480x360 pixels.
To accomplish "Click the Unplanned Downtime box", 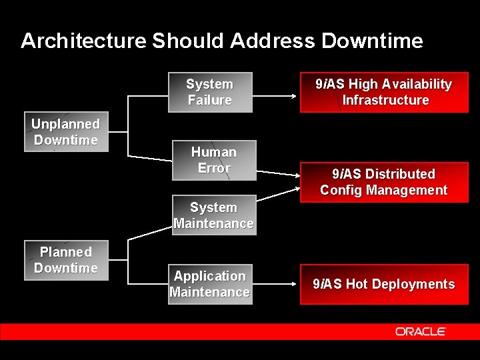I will [66, 133].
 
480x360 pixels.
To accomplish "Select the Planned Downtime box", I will [66, 261].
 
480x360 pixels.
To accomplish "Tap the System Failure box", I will [210, 92].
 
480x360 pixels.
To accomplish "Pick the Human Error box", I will [214, 160].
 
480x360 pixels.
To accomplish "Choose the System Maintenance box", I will [213, 215].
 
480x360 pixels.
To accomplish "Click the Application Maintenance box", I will [210, 284].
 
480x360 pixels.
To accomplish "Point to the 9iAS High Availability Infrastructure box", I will [384, 92].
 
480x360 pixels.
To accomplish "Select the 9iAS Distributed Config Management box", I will [384, 182].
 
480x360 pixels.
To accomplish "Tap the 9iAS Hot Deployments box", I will [384, 284].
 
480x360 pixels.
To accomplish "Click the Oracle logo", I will [420, 331].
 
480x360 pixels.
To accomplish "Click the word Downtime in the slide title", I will [372, 41].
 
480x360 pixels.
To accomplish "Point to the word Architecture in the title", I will [83, 41].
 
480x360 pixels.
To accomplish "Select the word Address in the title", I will [272, 41].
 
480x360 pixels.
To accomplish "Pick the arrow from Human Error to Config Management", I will [278, 171].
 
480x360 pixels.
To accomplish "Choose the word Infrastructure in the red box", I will [385, 101].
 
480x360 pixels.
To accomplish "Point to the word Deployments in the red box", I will [413, 285].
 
